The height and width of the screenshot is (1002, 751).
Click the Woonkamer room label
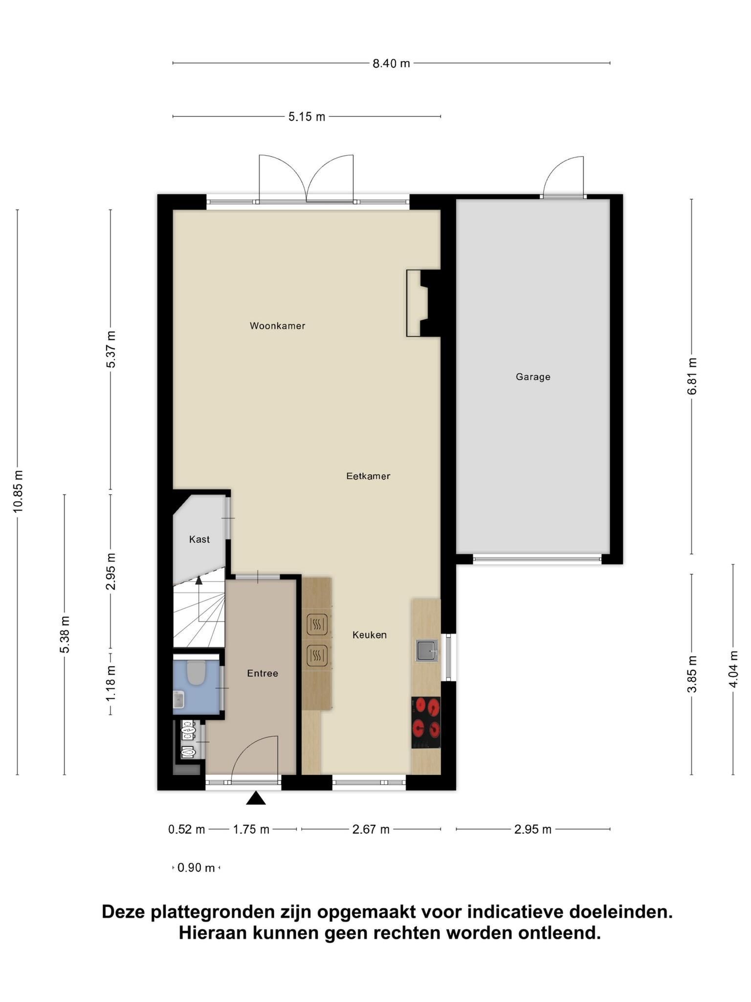click(277, 326)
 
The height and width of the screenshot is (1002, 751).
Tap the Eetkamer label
click(368, 476)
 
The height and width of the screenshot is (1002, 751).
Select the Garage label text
click(533, 377)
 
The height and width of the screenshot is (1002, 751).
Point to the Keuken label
click(370, 635)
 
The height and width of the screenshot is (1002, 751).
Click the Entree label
click(263, 673)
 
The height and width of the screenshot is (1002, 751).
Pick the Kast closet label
click(199, 539)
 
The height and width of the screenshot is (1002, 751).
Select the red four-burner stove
click(426, 722)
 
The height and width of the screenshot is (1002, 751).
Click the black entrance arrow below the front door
click(256, 798)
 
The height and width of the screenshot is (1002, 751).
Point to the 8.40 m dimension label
click(391, 64)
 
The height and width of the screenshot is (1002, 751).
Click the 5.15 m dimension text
click(307, 117)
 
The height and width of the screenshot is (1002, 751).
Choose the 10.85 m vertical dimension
click(19, 491)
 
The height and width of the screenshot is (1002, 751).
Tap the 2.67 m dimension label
click(371, 829)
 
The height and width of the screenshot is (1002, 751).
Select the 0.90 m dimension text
click(196, 868)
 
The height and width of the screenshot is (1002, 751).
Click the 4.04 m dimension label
click(733, 669)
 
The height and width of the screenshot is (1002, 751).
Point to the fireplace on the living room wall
click(423, 303)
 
